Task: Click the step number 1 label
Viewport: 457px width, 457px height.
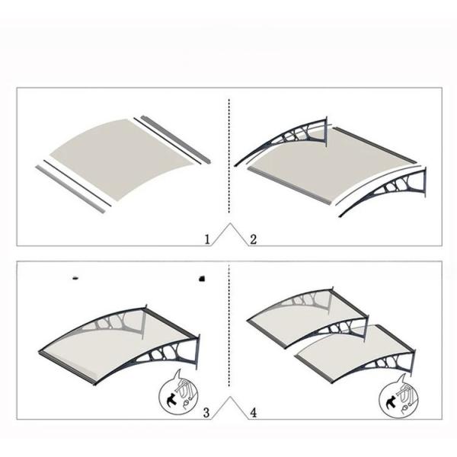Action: pyautogui.click(x=206, y=239)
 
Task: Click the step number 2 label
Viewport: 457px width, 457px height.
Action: pyautogui.click(x=253, y=239)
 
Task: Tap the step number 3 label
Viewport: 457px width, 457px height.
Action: pyautogui.click(x=206, y=413)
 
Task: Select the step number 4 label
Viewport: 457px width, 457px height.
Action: pyautogui.click(x=253, y=413)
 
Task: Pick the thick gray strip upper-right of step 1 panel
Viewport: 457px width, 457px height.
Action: pyautogui.click(x=174, y=139)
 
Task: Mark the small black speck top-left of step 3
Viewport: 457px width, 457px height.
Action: pyautogui.click(x=75, y=278)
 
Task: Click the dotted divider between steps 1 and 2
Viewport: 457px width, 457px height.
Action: pyautogui.click(x=229, y=160)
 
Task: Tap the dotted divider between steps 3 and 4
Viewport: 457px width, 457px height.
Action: pyautogui.click(x=229, y=335)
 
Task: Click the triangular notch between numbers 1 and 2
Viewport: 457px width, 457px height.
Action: pyautogui.click(x=229, y=233)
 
